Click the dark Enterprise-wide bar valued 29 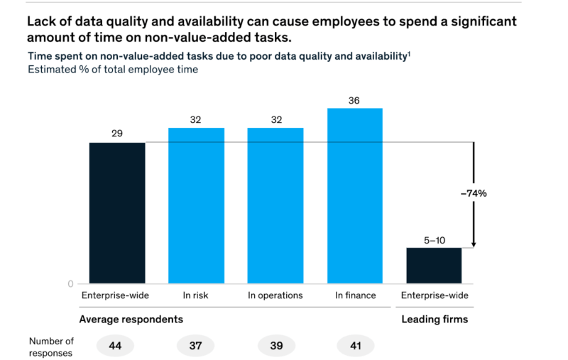point(117,213)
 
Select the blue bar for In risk point(196,206)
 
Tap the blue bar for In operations point(275,206)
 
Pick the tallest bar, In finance point(354,196)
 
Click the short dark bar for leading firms point(433,266)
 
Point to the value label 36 point(354,101)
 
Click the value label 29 point(117,133)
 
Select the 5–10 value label point(433,239)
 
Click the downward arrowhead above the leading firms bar point(473,244)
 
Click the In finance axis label point(354,295)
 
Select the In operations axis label point(275,295)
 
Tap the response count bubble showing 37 point(196,345)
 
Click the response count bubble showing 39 point(275,345)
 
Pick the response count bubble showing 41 point(354,345)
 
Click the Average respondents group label point(126,319)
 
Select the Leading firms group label point(435,319)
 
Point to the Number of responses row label point(51,346)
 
